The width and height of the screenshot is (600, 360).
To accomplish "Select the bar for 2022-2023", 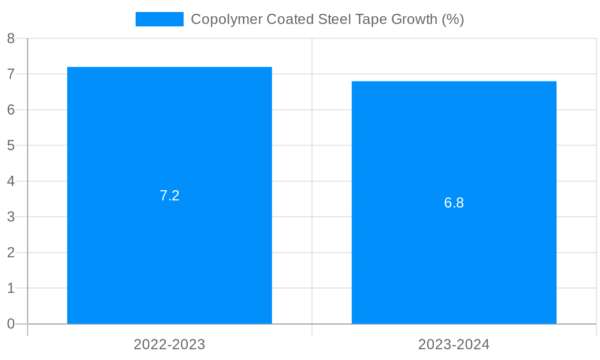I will [169, 252].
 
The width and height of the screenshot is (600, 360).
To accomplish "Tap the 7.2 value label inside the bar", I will [169, 196].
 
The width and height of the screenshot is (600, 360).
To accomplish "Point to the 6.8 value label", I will [454, 203].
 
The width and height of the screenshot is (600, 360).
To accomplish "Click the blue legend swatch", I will [159, 19].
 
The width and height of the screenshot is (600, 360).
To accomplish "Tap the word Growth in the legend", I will [414, 19].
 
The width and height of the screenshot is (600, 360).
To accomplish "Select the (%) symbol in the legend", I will [453, 19].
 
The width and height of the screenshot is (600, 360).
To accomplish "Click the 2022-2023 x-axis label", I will [169, 344].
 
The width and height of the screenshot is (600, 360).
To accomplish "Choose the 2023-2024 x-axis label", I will [454, 344].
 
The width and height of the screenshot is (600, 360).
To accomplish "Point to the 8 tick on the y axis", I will [11, 38].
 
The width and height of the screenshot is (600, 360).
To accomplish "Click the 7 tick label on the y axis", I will [11, 74].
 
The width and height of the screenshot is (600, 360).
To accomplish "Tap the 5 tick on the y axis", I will [11, 146].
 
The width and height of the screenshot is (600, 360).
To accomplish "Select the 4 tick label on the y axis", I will [11, 181].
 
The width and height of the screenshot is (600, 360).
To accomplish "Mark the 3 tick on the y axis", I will [11, 217].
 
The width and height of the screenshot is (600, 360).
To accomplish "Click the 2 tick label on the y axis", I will [11, 253].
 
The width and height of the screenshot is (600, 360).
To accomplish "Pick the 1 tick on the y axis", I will [11, 288].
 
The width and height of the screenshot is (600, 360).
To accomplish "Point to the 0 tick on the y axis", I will [11, 324].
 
